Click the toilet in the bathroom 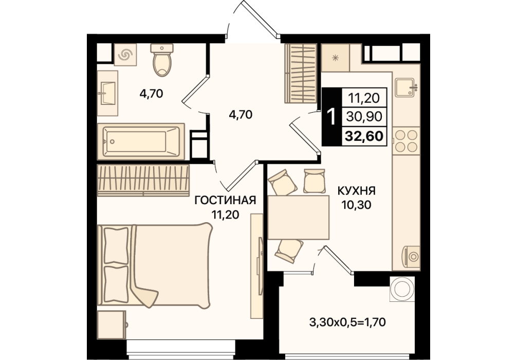162,60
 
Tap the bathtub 141,141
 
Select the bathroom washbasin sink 107,94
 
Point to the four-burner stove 406,141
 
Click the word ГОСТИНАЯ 225,200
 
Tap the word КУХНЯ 357,191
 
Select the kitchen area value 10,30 357,205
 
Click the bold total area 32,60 364,136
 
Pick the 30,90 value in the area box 364,116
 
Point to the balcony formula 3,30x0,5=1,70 347,322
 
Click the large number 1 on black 331,117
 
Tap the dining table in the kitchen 299,217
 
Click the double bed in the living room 155,265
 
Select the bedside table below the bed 112,325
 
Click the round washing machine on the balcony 402,289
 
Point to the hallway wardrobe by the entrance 301,73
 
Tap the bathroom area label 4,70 151,94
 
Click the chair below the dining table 289,251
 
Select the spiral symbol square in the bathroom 125,55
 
